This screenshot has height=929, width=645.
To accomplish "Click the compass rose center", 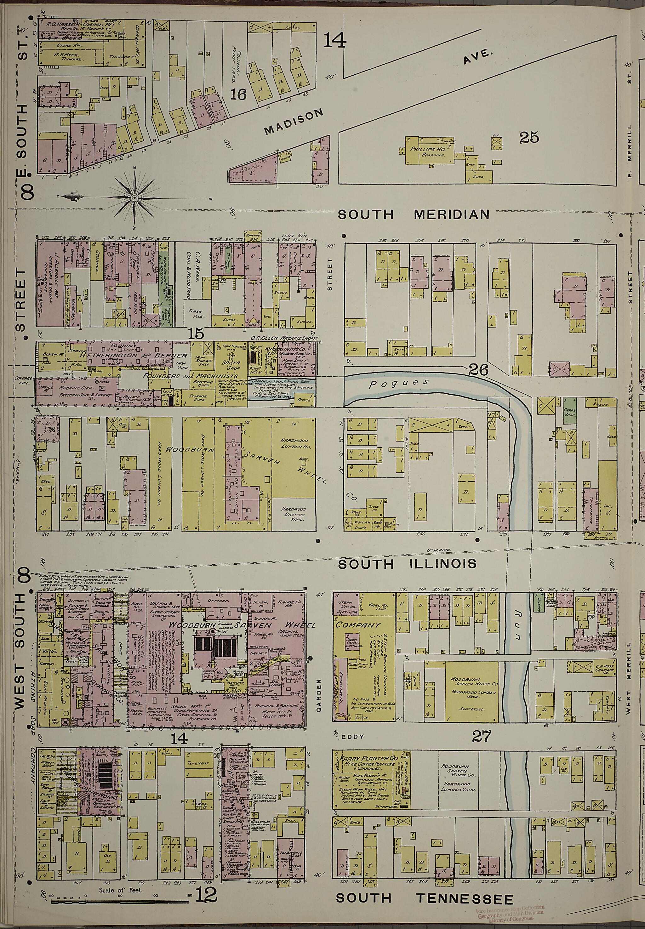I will (134, 197).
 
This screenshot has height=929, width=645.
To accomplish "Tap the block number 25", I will (529, 138).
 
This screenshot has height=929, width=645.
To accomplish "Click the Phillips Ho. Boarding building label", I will (428, 151).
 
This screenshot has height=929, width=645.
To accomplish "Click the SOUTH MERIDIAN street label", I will (413, 214).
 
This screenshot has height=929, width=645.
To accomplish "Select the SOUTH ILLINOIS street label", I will (407, 564).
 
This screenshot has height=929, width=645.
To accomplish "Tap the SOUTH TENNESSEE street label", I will (424, 884).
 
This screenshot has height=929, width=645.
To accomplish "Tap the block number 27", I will (481, 736).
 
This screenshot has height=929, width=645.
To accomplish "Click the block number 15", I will (196, 334).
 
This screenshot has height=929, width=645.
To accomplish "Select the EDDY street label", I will (352, 736).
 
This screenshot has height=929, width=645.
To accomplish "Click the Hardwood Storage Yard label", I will (294, 514).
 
